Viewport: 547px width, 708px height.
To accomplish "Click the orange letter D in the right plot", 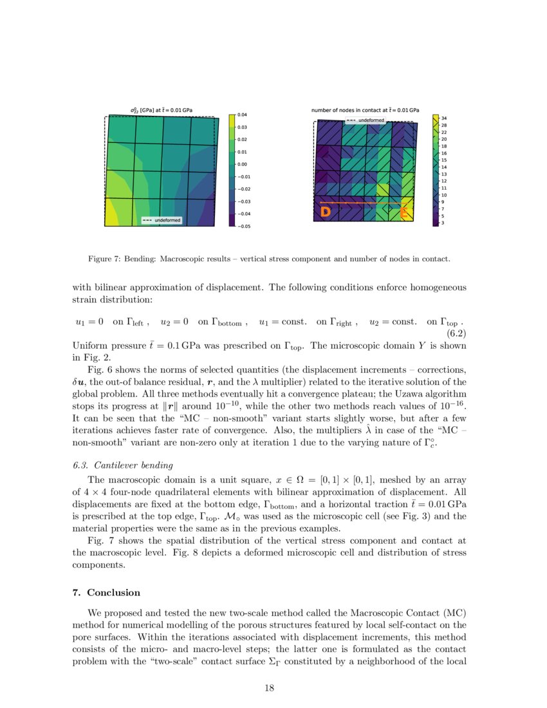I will coord(326,212).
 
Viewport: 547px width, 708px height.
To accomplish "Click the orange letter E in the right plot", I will coord(405,212).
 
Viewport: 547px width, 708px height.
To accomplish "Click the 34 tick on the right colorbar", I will coord(444,118).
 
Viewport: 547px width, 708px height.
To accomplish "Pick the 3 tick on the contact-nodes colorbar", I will coord(443,223).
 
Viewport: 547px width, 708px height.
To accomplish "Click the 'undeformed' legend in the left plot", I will coord(162,220).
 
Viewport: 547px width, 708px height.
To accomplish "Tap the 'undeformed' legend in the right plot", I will coord(366,120).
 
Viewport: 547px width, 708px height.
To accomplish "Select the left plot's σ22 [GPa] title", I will coord(161,110).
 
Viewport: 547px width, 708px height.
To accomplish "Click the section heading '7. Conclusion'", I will coord(106,592).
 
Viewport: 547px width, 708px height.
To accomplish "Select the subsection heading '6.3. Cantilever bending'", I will coord(123,465).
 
